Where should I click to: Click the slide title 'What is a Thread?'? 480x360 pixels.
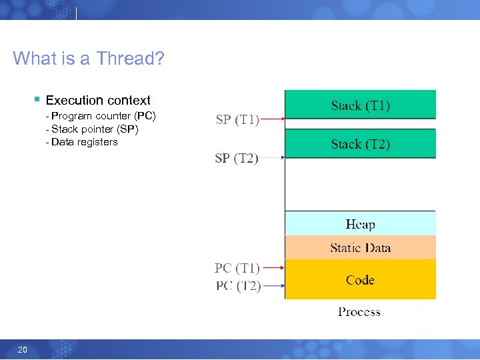pos(88,59)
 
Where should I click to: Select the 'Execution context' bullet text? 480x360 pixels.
pos(98,101)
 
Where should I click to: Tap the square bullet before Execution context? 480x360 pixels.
pos(37,100)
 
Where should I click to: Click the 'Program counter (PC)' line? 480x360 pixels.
pos(101,116)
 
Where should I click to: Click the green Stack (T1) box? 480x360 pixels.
pos(360,105)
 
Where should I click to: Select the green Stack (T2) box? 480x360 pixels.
pos(360,143)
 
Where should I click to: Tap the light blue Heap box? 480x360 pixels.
pos(360,223)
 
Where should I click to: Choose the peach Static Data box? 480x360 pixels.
pos(360,247)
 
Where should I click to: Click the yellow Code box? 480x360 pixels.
pos(360,279)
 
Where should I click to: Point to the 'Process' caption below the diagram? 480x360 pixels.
pos(359,311)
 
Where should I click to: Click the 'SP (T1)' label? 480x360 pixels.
pos(237,120)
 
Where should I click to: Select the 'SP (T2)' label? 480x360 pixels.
pos(237,158)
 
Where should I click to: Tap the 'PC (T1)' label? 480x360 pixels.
pos(237,268)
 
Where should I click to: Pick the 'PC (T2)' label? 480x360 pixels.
pos(237,286)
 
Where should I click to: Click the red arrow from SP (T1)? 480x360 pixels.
pos(272,120)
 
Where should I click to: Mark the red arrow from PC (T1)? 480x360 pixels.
pos(272,268)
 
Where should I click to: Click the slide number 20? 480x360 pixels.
pos(22,350)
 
